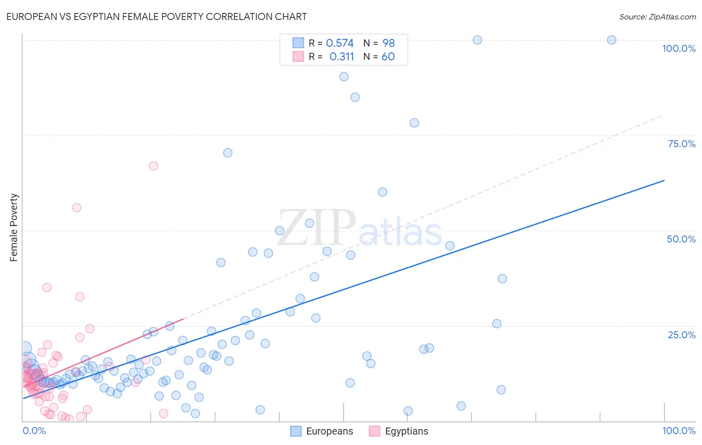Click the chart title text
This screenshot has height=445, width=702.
click(x=156, y=16)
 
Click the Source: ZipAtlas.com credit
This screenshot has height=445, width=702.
click(x=657, y=16)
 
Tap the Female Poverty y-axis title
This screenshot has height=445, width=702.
click(x=13, y=227)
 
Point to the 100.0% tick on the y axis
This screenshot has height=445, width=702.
click(x=679, y=48)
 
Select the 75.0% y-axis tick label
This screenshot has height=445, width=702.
click(x=681, y=144)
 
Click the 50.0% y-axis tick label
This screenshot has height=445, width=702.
click(x=681, y=239)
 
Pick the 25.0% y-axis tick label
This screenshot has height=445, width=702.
click(x=681, y=335)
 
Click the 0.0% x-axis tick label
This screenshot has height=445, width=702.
click(x=34, y=431)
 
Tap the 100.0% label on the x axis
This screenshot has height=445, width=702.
click(x=679, y=431)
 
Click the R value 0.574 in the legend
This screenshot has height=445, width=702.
click(x=340, y=43)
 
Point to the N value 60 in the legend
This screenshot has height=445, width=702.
click(x=388, y=57)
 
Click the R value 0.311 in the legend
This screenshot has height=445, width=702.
click(x=342, y=57)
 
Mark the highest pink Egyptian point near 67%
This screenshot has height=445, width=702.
click(x=153, y=166)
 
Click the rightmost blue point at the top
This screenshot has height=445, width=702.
click(x=611, y=40)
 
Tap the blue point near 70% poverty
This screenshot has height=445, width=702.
click(x=228, y=153)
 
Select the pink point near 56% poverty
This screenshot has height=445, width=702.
click(x=76, y=208)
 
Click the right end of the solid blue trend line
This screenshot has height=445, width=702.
click(x=664, y=180)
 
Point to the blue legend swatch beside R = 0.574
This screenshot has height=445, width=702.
click(x=298, y=43)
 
